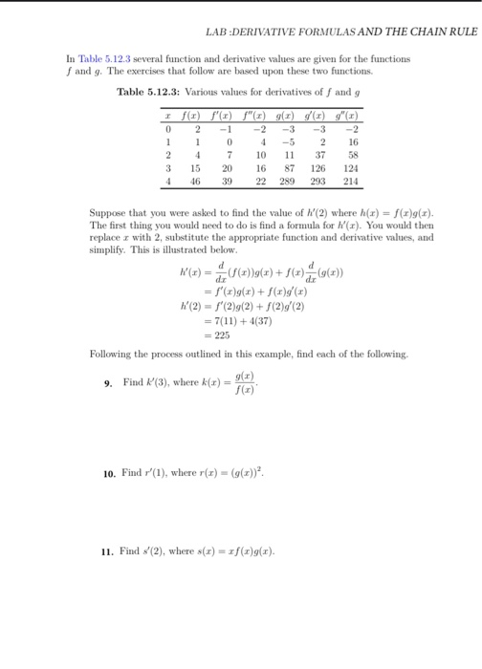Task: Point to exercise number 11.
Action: click(x=109, y=551)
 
